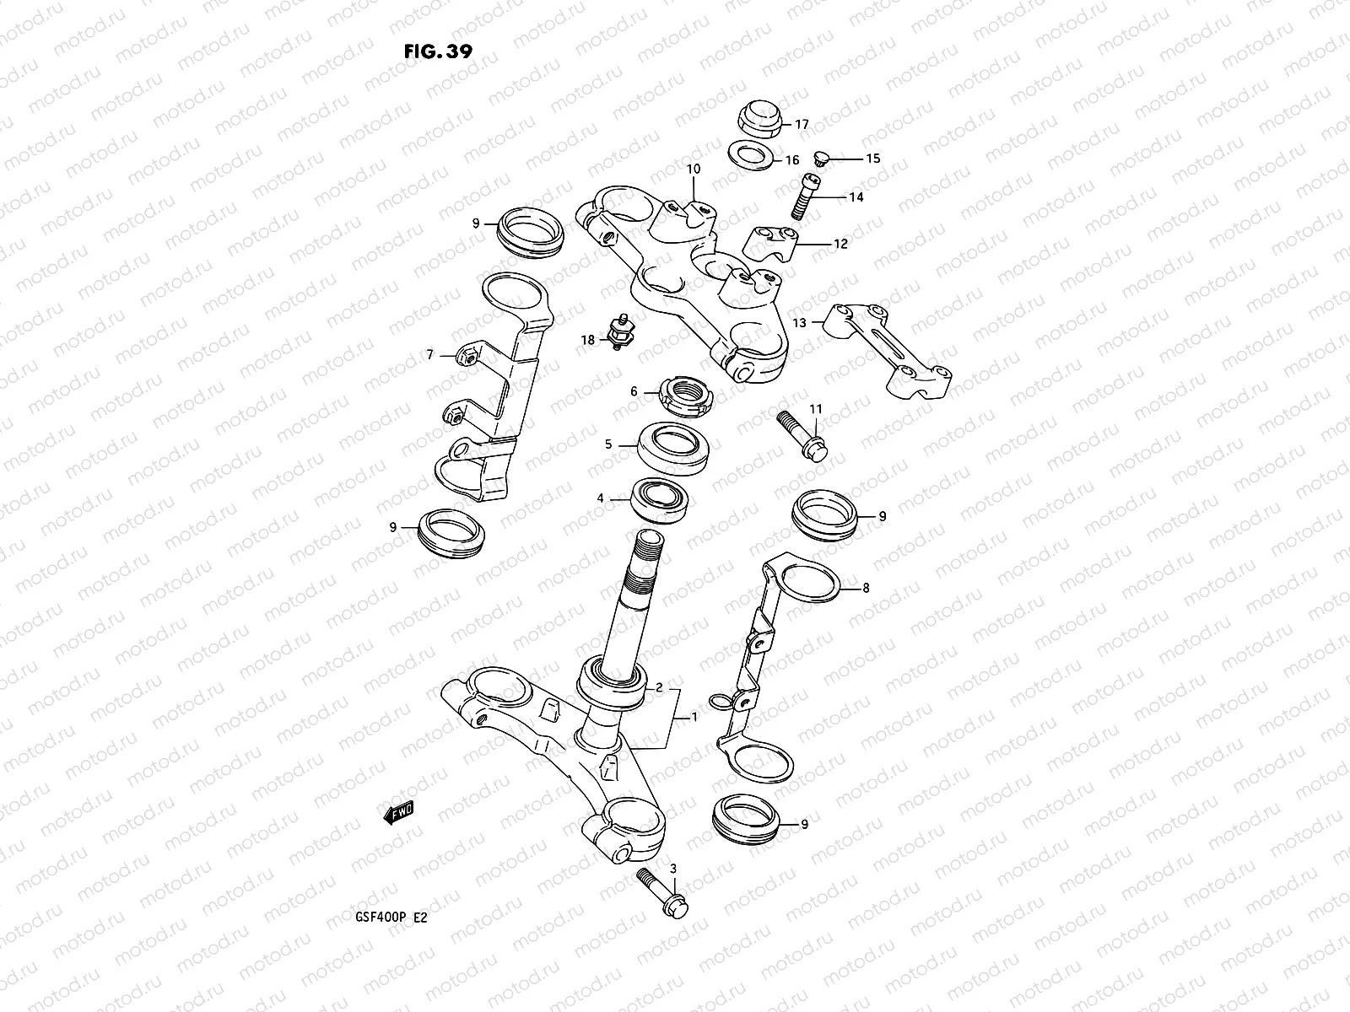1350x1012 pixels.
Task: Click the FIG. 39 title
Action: point(438,51)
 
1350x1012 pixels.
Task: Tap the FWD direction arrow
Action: point(397,813)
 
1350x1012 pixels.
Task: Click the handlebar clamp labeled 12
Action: point(766,244)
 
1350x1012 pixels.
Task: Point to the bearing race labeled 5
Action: point(677,447)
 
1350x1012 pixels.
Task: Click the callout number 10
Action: point(693,169)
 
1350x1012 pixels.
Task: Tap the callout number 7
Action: point(429,355)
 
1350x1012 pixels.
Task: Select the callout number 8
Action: point(865,589)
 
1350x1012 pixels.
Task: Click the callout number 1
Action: point(694,718)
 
